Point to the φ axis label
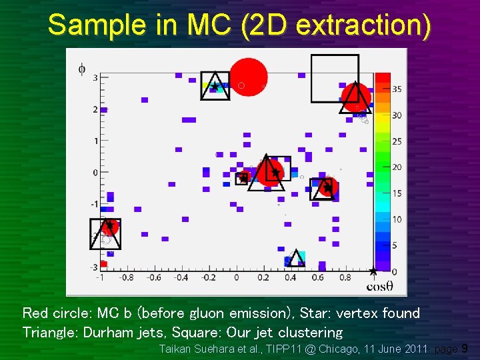(81, 68)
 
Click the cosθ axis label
(379, 287)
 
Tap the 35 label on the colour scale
(397, 89)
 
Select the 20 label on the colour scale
(397, 167)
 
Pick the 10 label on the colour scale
(397, 219)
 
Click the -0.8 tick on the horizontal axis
(125, 277)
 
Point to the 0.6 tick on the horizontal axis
(317, 277)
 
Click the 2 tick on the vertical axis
(95, 109)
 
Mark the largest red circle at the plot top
(249, 77)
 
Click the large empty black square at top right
(335, 78)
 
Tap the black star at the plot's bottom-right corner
(373, 271)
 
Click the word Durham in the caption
(107, 332)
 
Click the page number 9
(465, 349)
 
